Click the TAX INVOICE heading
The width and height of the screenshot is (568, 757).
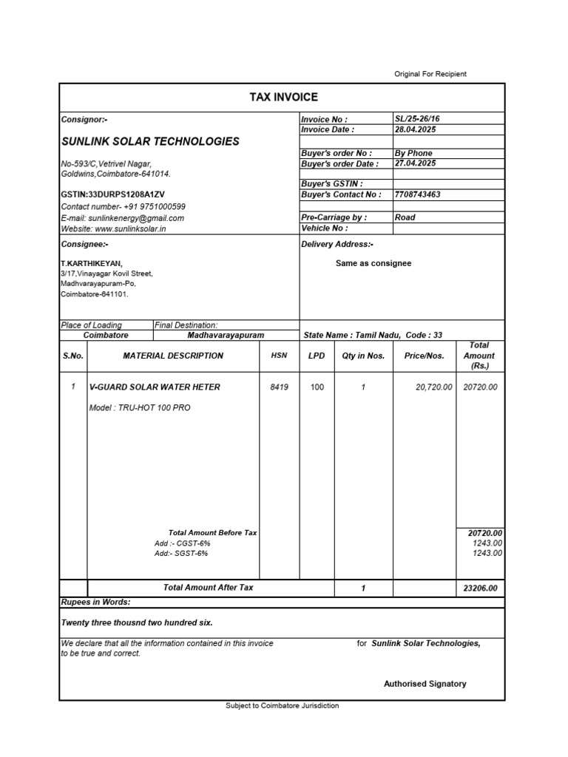pos(283,97)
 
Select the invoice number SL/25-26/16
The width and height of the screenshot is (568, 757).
pos(418,119)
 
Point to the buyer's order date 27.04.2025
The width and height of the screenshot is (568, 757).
pos(416,163)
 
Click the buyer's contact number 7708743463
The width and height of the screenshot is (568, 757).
pos(418,194)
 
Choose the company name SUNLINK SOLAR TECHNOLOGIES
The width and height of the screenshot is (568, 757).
pos(150,141)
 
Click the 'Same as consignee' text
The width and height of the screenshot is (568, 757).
pos(373,263)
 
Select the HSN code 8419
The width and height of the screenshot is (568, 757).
pos(279,387)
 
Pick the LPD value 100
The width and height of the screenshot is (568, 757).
pos(317,387)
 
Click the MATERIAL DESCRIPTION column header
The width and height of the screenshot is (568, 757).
pos(173,356)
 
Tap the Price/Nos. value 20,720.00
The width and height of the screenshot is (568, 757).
pos(429,387)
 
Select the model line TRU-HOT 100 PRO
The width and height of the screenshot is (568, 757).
pos(140,407)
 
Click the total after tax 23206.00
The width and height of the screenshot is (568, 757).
pos(480,588)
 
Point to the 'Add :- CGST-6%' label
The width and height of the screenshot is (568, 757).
pos(177,543)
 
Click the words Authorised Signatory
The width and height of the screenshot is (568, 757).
pos(425,684)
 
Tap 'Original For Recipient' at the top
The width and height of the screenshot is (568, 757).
pos(429,74)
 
